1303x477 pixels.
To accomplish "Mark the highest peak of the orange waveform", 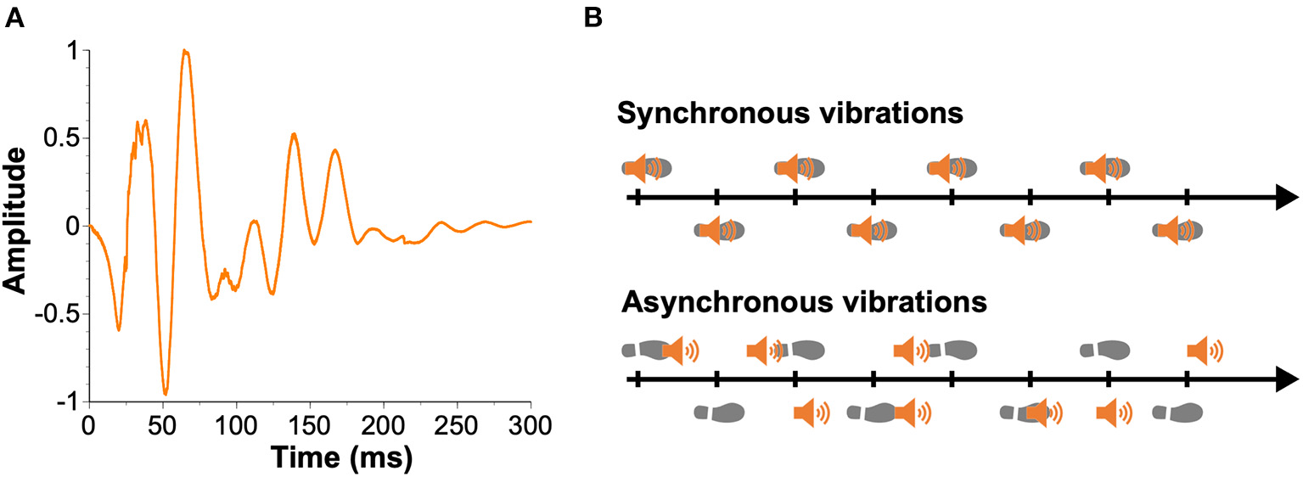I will (185, 51).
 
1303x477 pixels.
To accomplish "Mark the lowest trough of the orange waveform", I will (166, 394).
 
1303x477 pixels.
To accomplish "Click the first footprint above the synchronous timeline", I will (648, 168).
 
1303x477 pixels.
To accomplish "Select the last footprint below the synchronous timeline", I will (1177, 230).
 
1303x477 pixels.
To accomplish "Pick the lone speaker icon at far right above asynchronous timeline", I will (1204, 349).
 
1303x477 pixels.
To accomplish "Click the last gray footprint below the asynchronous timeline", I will (1177, 412).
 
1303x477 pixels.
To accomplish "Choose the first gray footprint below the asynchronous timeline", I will (719, 412).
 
